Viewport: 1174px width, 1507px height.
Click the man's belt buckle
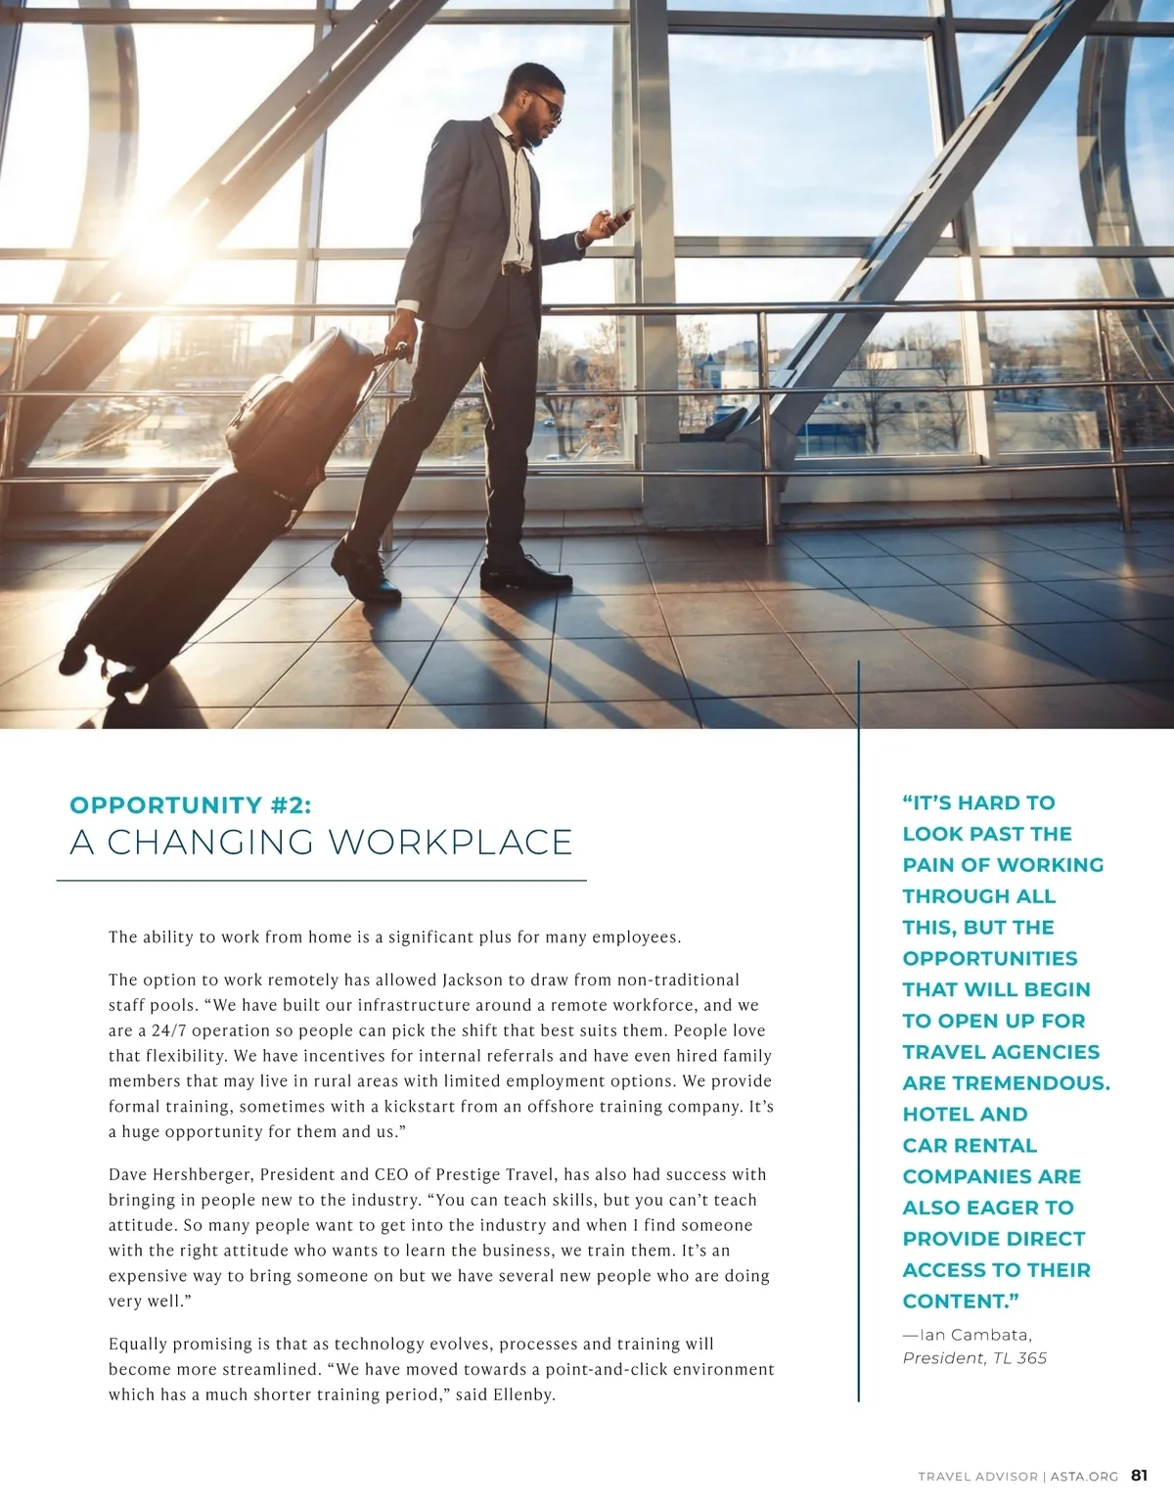(513, 268)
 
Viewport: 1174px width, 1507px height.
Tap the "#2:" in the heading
(291, 805)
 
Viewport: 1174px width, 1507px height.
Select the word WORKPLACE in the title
(450, 843)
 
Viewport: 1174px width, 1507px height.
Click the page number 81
(1139, 1476)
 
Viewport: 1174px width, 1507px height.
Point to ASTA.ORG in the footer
(1084, 1477)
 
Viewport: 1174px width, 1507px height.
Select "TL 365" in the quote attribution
(1019, 1358)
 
